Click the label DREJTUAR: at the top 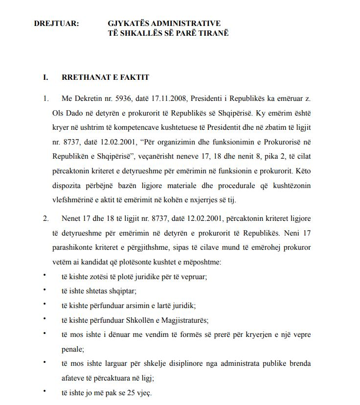click(x=56, y=24)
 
